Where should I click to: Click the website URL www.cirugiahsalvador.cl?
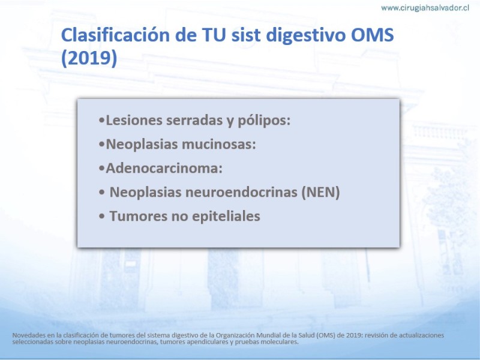(425, 8)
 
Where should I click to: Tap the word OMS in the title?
(372, 35)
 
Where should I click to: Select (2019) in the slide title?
(89, 58)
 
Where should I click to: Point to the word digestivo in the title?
(306, 35)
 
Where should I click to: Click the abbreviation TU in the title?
(214, 35)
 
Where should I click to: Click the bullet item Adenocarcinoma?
(164, 169)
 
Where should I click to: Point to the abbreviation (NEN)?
(320, 193)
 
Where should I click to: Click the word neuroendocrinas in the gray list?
(241, 192)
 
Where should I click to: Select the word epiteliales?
(226, 217)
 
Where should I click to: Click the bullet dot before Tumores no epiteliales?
(102, 217)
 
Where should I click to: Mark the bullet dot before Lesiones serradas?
(102, 121)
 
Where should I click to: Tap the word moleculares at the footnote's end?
(281, 341)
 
